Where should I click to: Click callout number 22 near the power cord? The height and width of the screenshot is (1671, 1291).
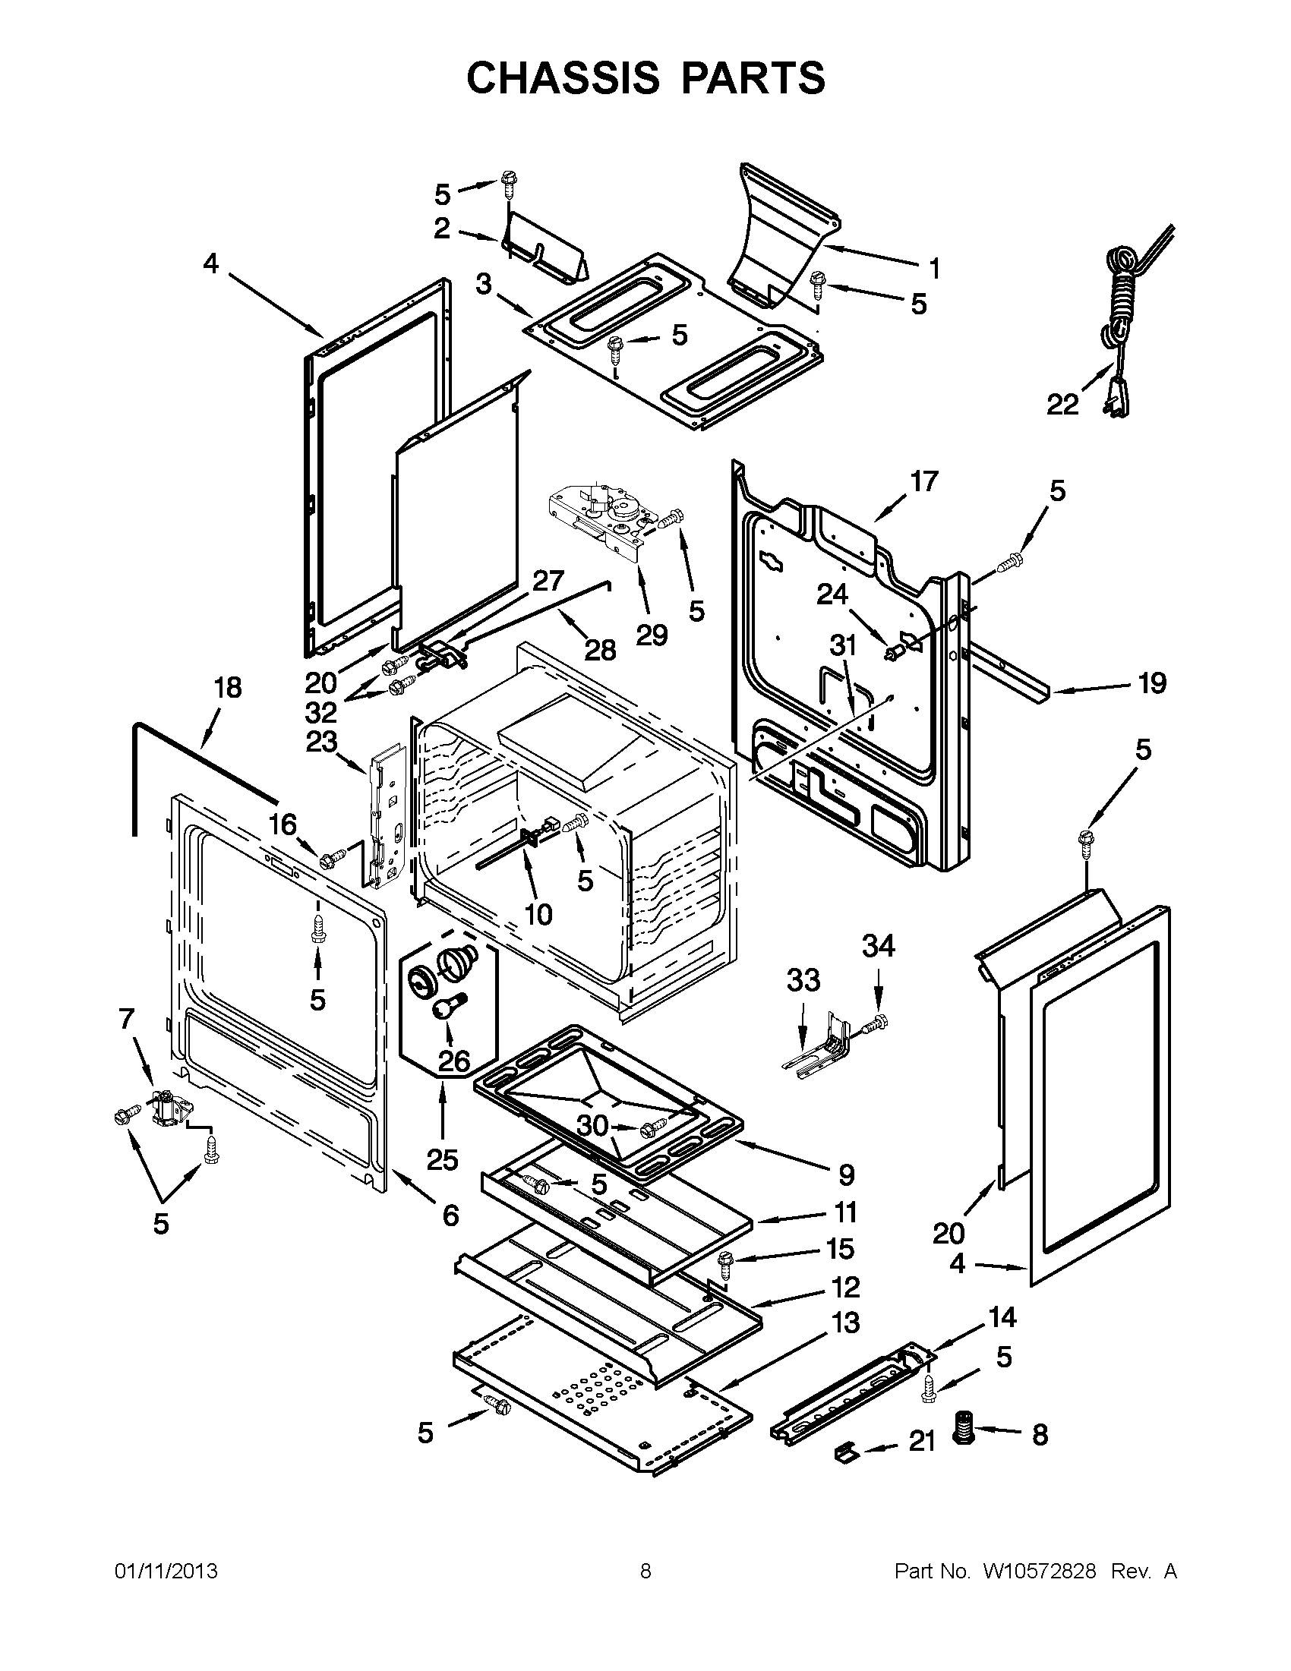(1062, 405)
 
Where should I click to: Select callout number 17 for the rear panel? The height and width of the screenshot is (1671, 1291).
(923, 482)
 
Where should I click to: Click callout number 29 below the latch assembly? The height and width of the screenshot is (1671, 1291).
(652, 634)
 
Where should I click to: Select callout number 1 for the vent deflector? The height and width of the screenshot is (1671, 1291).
(933, 269)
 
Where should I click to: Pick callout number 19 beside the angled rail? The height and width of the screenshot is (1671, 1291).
(1152, 683)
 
